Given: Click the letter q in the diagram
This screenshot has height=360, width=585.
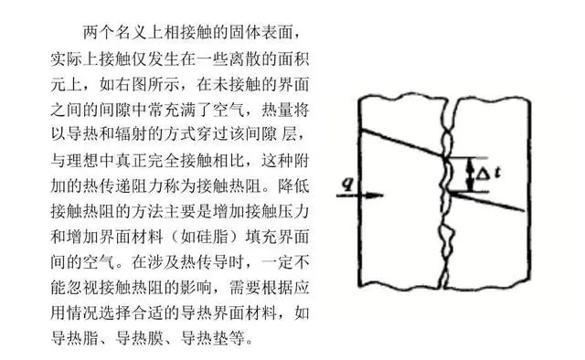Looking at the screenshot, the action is click(x=347, y=184).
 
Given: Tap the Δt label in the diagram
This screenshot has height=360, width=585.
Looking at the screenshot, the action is click(x=488, y=174).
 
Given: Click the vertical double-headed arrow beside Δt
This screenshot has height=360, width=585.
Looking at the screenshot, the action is click(x=471, y=175).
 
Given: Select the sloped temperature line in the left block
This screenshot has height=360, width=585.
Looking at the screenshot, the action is click(x=402, y=143).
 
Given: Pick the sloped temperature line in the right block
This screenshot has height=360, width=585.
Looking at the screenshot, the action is click(x=487, y=202).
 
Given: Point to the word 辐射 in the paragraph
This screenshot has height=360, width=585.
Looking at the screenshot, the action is click(x=131, y=134).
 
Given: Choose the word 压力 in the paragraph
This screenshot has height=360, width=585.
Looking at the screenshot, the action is click(x=293, y=211).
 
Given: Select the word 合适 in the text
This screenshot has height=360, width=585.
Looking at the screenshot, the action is click(x=164, y=312).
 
